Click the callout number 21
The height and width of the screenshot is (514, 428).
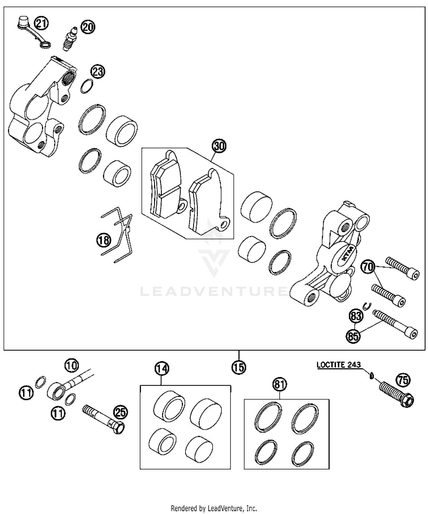[x=42, y=23]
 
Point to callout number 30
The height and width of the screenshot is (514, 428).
[x=219, y=146]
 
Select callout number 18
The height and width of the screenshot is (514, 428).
[x=104, y=240]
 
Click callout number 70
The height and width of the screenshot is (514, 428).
[x=368, y=267]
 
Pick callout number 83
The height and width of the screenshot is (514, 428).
[x=356, y=316]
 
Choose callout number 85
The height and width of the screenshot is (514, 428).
[x=353, y=336]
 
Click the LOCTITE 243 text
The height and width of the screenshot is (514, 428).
[x=339, y=365]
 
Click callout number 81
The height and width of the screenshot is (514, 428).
[x=280, y=385]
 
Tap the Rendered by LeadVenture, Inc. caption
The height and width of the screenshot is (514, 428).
[x=214, y=508]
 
